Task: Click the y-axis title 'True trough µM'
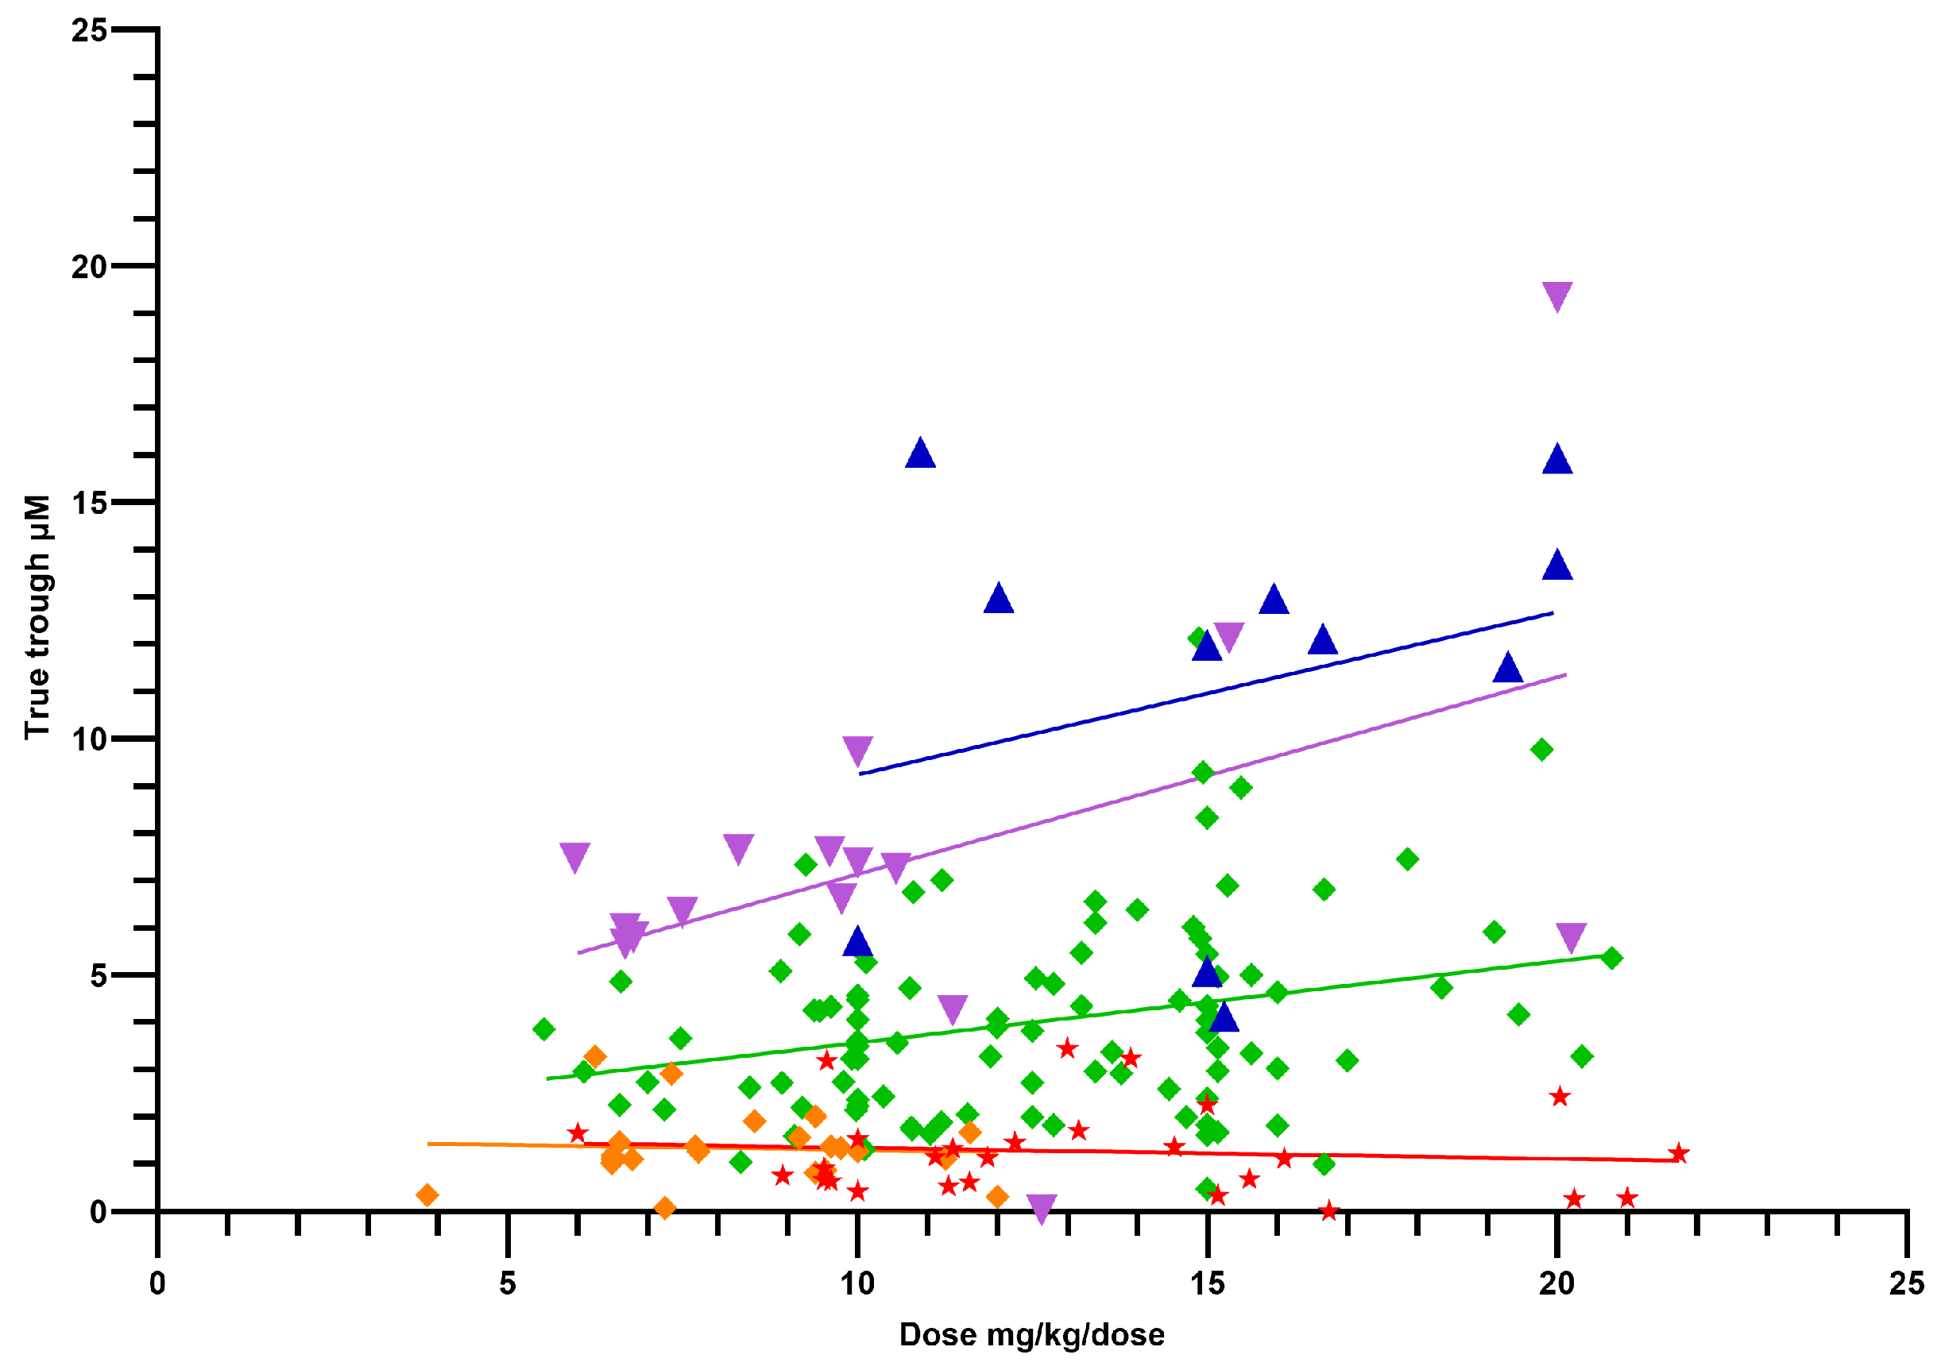pyautogui.click(x=37, y=617)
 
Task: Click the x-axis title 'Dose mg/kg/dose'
pyautogui.click(x=1031, y=1334)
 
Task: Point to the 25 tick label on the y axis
pyautogui.click(x=89, y=30)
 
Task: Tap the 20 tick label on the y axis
pyautogui.click(x=89, y=267)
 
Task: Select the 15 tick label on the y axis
pyautogui.click(x=89, y=503)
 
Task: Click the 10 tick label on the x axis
pyautogui.click(x=857, y=1283)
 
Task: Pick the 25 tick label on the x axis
pyautogui.click(x=1906, y=1283)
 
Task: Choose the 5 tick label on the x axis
pyautogui.click(x=507, y=1283)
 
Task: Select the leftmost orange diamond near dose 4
pyautogui.click(x=427, y=1195)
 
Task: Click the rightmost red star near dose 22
pyautogui.click(x=1679, y=1154)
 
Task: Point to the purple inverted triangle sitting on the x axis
pyautogui.click(x=1042, y=1208)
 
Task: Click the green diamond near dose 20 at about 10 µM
pyautogui.click(x=1542, y=750)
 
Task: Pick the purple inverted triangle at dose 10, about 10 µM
pyautogui.click(x=857, y=749)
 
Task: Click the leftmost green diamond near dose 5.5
pyautogui.click(x=543, y=1029)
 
